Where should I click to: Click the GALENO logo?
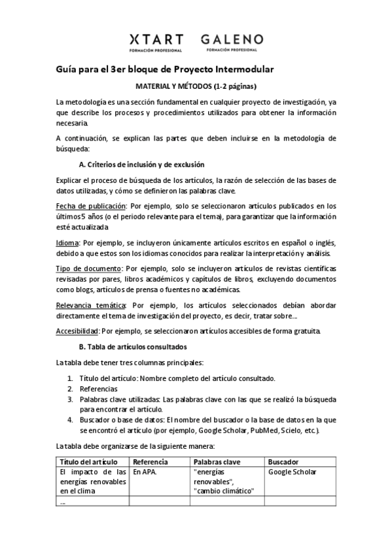click(x=232, y=42)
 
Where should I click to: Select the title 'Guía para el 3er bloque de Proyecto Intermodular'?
click(x=164, y=69)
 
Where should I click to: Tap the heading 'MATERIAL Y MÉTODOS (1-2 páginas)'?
click(x=196, y=86)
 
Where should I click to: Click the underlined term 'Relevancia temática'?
click(x=90, y=305)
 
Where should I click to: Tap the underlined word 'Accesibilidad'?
click(x=78, y=331)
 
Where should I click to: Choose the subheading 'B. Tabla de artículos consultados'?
click(x=133, y=346)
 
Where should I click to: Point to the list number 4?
click(x=71, y=420)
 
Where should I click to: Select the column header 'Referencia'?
click(x=150, y=462)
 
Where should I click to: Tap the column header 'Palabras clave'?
click(x=217, y=462)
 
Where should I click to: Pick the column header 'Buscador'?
click(x=283, y=462)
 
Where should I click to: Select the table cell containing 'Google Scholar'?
click(x=292, y=472)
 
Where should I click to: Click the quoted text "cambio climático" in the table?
click(x=223, y=491)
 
